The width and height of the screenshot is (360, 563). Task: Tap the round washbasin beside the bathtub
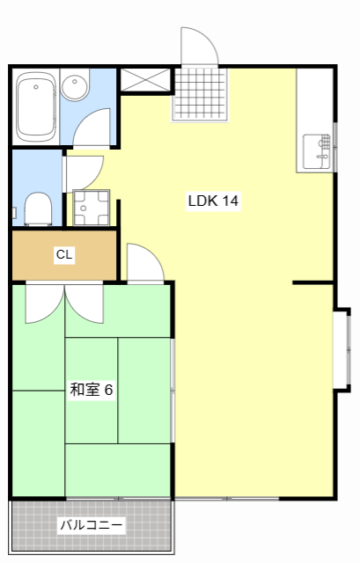pos(76,89)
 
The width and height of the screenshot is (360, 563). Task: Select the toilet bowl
pos(37,209)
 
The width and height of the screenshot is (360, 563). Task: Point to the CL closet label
pos(64,255)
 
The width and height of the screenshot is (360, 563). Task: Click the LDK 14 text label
pos(213,201)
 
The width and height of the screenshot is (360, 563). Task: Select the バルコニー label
pos(91,526)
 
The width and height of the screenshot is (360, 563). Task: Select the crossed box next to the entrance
pos(144,79)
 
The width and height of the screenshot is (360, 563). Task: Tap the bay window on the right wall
pos(342,347)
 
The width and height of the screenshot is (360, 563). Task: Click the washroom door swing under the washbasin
pos(93,128)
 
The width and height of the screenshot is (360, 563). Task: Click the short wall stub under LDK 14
pos(312,283)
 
